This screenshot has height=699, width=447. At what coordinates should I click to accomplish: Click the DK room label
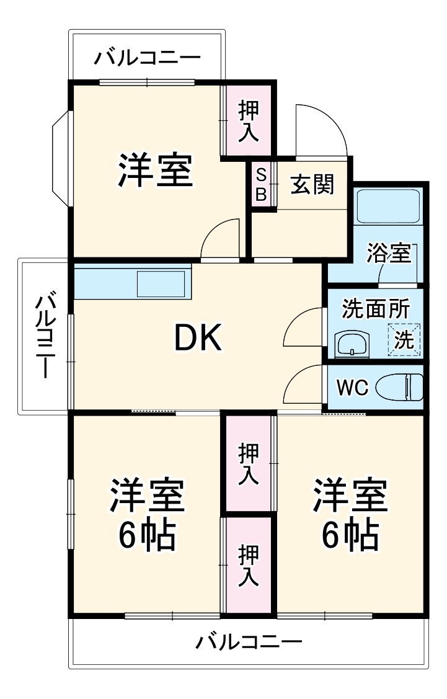click(197, 338)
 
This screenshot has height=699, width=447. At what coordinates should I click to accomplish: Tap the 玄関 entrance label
click(312, 184)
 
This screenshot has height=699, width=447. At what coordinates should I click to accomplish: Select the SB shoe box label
click(261, 185)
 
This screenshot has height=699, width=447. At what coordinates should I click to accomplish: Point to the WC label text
click(352, 388)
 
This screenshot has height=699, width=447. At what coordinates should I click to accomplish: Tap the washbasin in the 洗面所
click(352, 344)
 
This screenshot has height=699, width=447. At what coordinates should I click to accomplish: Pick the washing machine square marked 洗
click(404, 340)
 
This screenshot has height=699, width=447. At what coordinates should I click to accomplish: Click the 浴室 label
click(389, 254)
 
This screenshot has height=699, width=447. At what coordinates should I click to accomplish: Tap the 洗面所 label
click(376, 309)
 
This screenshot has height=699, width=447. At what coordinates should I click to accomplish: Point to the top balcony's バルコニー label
click(148, 58)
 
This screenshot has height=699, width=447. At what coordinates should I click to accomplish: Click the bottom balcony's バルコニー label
click(249, 641)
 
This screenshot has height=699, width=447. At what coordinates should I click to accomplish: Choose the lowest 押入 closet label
click(249, 565)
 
